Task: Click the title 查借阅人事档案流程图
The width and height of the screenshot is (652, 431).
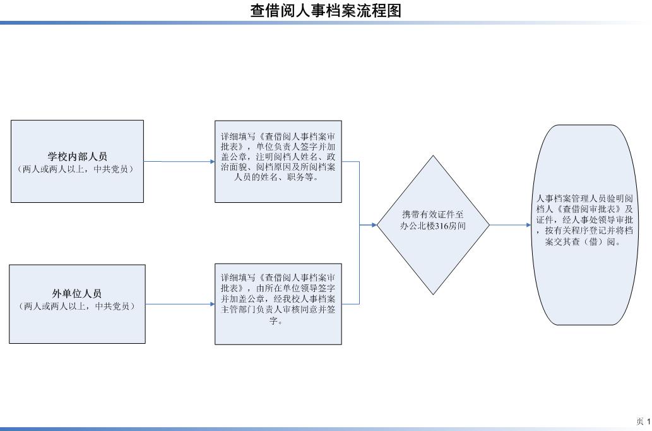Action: coord(326,10)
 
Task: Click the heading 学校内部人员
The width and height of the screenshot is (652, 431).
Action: coord(78,157)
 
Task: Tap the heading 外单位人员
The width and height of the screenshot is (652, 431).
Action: coord(77,294)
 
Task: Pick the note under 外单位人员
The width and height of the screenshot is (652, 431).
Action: coord(78,306)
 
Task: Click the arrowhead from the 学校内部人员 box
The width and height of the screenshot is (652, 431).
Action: coord(212,162)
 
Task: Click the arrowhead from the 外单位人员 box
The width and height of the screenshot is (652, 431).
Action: coord(212,304)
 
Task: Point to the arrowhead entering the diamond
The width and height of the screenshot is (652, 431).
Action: coord(374,225)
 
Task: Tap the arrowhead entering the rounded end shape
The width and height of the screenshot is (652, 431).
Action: coord(528,225)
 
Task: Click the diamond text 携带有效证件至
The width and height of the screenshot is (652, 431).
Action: coord(433,214)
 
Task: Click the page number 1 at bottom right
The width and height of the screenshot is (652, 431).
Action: coord(648,422)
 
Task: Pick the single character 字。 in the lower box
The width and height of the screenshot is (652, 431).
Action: coord(276,320)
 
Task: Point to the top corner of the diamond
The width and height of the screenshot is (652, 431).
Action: coord(433,155)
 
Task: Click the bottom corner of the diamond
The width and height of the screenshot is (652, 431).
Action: coord(433,294)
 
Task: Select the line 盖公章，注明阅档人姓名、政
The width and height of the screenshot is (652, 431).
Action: coord(278,157)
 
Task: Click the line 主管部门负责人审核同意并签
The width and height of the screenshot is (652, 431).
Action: coord(278,310)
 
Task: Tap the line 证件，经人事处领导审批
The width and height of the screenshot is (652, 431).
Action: coord(584,220)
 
